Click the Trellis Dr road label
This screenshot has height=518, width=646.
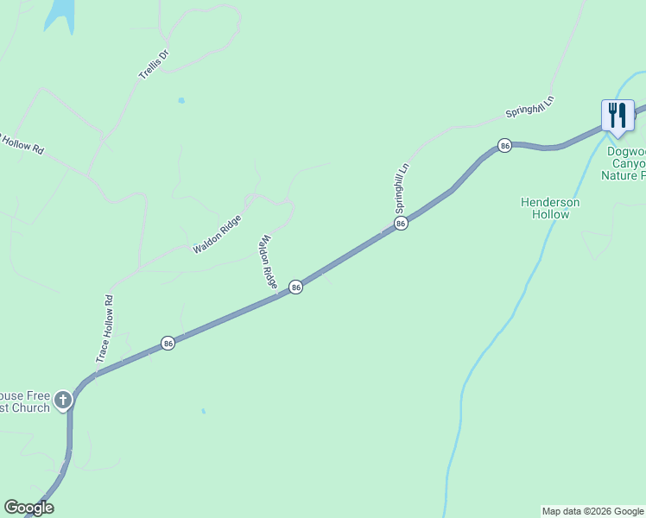pyautogui.click(x=155, y=64)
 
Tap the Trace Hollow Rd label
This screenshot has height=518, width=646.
pyautogui.click(x=104, y=329)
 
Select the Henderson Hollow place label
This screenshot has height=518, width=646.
pyautogui.click(x=550, y=208)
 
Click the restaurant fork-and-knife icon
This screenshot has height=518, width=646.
pyautogui.click(x=617, y=114)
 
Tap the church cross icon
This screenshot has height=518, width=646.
pyautogui.click(x=63, y=400)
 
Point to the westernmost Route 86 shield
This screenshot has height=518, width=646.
pyautogui.click(x=168, y=344)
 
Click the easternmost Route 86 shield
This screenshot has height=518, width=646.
pyautogui.click(x=505, y=145)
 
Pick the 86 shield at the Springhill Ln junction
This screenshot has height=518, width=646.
pyautogui.click(x=401, y=224)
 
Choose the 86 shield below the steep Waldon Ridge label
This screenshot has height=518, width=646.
pyautogui.click(x=295, y=287)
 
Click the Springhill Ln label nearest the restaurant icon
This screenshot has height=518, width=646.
pyautogui.click(x=529, y=110)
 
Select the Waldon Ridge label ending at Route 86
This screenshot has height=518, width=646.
pyautogui.click(x=269, y=262)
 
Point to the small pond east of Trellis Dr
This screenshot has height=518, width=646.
pyautogui.click(x=181, y=100)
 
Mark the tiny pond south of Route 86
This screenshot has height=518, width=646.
pyautogui.click(x=203, y=411)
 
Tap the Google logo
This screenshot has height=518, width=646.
pyautogui.click(x=28, y=508)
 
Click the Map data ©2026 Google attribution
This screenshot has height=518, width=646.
pyautogui.click(x=592, y=511)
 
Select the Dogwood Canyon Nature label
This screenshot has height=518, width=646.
pyautogui.click(x=624, y=162)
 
